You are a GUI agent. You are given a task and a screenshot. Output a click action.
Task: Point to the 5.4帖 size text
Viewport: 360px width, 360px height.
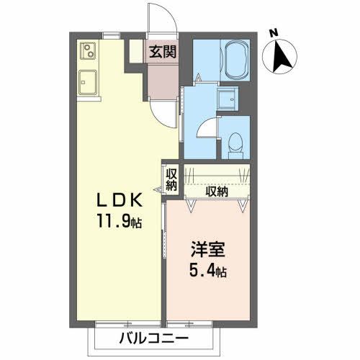[x=210, y=274]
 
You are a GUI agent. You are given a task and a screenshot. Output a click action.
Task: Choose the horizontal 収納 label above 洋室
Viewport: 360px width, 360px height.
[x=216, y=192]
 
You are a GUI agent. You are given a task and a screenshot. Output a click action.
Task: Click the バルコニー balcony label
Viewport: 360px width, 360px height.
[x=153, y=338]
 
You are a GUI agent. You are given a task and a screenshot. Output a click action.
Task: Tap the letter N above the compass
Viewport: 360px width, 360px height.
[x=274, y=32]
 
